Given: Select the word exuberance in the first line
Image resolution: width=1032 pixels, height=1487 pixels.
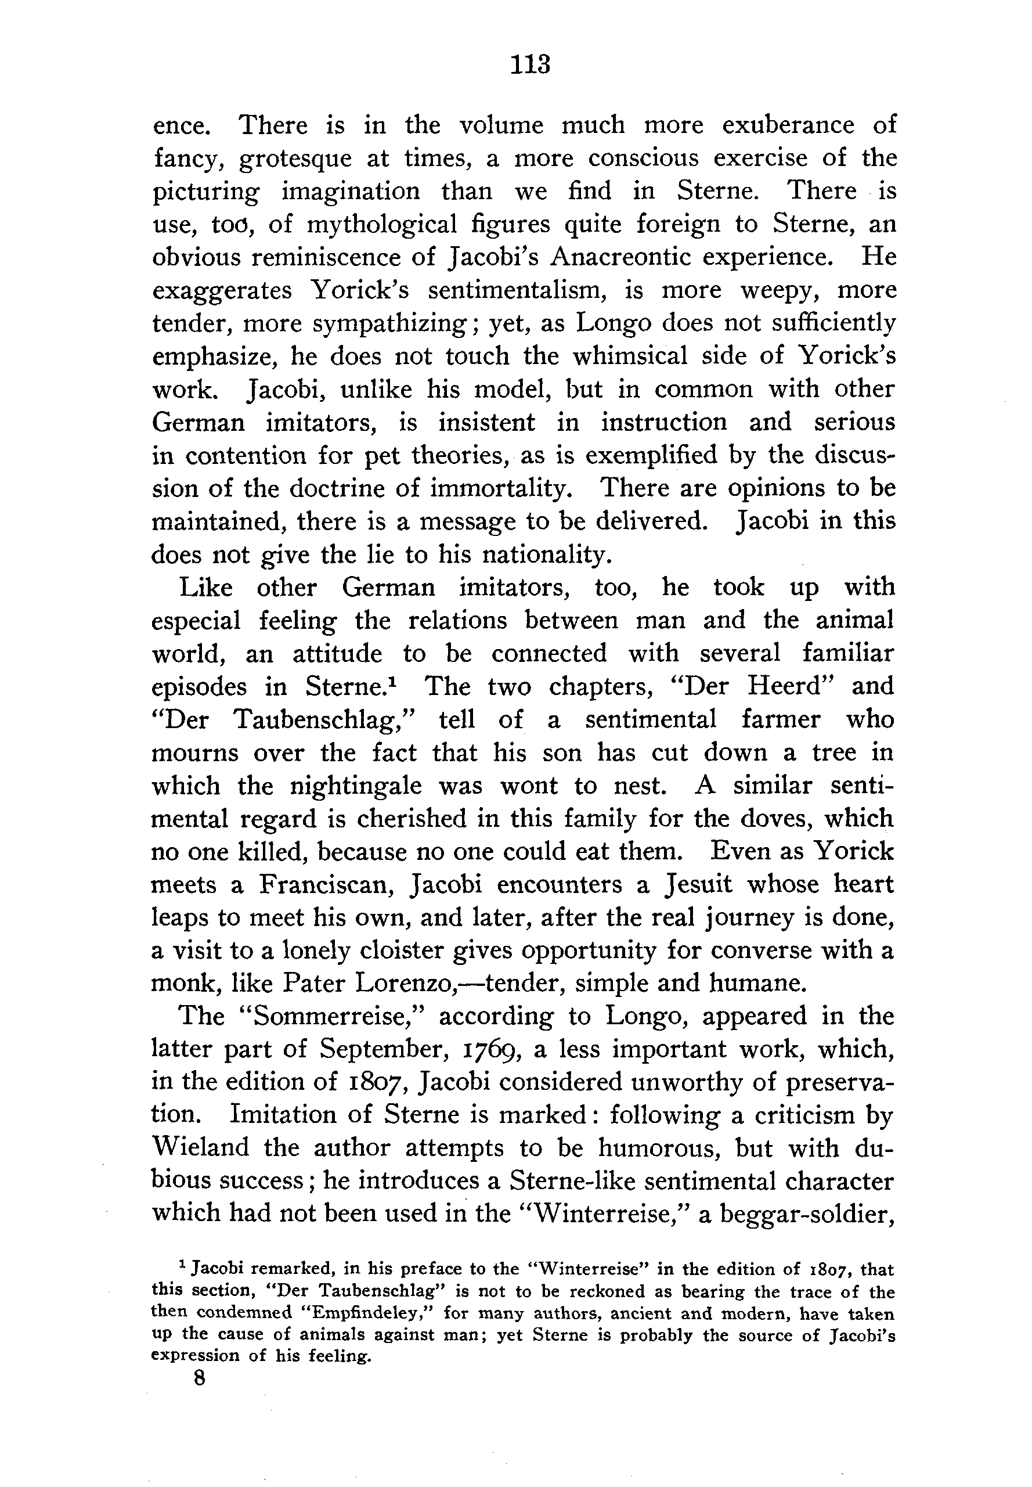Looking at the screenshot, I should (788, 124).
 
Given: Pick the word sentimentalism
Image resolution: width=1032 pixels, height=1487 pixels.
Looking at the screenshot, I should (517, 290).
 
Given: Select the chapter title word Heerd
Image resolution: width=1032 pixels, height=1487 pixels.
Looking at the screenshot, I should (782, 687).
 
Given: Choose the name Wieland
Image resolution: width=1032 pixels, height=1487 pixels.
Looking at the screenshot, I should (200, 1148).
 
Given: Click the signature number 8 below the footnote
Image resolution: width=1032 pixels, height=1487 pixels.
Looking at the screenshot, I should (199, 1379).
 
